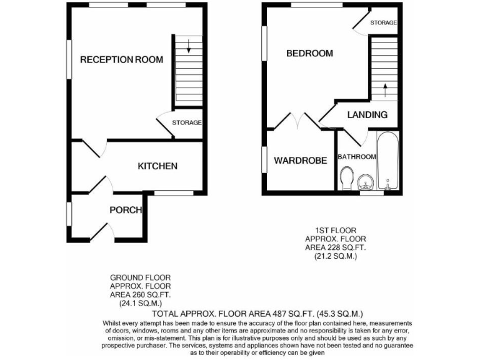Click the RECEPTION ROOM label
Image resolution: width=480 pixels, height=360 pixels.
[122, 60]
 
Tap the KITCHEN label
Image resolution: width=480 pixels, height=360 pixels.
[157, 166]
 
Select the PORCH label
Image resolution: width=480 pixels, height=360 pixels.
[126, 210]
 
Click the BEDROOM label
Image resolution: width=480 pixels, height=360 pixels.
[309, 53]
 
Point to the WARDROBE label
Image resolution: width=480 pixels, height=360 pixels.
[301, 161]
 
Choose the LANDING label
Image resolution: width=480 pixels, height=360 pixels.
[367, 115]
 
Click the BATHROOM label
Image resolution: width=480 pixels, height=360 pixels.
[357, 157]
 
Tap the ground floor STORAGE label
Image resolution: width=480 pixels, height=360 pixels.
[187, 122]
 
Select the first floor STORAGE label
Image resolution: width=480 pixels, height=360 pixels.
[383, 22]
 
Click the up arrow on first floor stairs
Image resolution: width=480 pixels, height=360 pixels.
[384, 89]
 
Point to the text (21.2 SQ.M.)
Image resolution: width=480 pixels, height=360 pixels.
[335, 256]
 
